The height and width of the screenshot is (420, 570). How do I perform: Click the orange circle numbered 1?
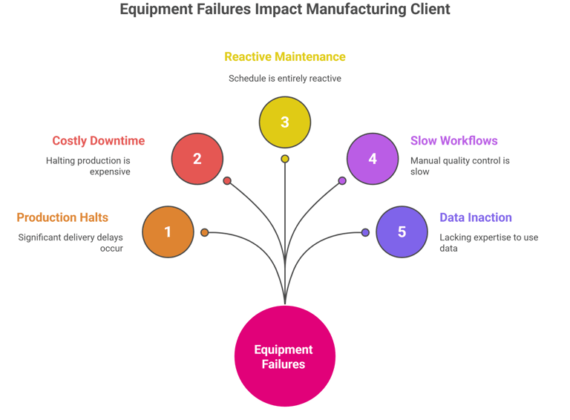click(x=168, y=232)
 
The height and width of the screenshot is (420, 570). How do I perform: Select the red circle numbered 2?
click(x=197, y=159)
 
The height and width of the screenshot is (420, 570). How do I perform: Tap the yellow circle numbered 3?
click(x=285, y=122)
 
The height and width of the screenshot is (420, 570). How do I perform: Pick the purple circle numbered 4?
click(x=373, y=159)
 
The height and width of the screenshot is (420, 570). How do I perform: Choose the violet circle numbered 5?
click(x=402, y=232)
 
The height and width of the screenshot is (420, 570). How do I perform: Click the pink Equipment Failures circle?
click(x=285, y=355)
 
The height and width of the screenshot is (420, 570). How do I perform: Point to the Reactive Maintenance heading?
click(x=285, y=56)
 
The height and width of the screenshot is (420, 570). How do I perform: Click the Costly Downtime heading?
click(x=99, y=140)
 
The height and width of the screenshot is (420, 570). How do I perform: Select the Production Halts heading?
click(x=62, y=217)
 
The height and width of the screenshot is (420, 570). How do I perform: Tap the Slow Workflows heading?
click(x=454, y=140)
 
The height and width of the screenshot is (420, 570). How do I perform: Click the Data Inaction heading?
click(x=476, y=217)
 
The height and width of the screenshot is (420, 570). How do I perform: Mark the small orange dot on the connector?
click(x=205, y=232)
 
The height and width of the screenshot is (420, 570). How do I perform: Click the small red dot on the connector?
click(x=227, y=180)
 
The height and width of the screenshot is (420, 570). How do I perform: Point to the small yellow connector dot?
click(x=285, y=159)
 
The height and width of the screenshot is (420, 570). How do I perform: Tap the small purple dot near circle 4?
click(x=342, y=180)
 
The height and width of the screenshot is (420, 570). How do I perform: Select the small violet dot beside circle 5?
click(x=365, y=232)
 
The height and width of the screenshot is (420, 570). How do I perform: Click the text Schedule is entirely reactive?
click(x=285, y=79)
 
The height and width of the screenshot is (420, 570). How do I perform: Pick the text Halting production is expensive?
click(x=88, y=166)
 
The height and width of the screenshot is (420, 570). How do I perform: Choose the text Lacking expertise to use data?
click(x=489, y=243)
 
